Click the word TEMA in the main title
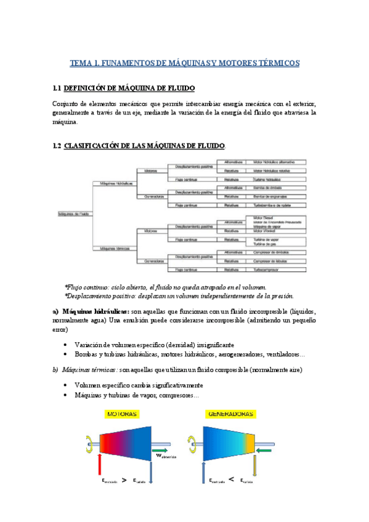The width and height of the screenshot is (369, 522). click(x=80, y=63)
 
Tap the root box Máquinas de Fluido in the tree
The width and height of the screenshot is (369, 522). click(x=73, y=214)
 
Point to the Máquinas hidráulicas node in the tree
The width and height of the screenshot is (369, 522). click(x=113, y=183)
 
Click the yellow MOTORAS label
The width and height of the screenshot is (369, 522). click(x=123, y=414)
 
